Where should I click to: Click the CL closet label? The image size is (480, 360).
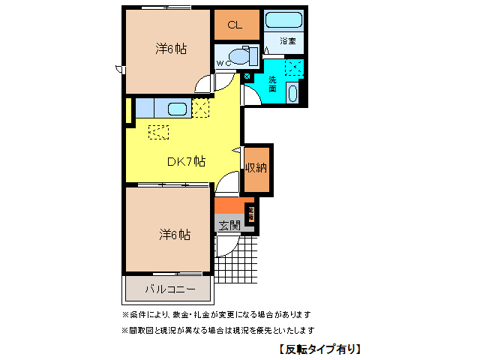tap(235, 25)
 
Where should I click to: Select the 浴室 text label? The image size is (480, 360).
tap(287, 40)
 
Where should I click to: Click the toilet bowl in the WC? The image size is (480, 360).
tap(242, 55)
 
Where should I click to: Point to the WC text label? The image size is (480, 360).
tap(223, 64)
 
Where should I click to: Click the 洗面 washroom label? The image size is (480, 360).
tap(272, 83)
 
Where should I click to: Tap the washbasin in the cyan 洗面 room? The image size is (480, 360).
tap(292, 94)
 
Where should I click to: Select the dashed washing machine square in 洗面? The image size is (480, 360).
tap(293, 69)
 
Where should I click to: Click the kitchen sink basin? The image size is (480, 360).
tap(178, 109)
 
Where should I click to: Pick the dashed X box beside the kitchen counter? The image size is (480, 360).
tap(200, 108)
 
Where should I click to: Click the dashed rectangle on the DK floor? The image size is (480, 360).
tap(159, 132)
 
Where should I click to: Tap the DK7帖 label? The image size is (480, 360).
tap(186, 161)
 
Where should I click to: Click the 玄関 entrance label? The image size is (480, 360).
tap(229, 223)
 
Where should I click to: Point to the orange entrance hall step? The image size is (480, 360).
tap(229, 205)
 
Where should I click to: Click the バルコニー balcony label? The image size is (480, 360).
tap(169, 289)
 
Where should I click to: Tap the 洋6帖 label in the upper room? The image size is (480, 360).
tap(171, 49)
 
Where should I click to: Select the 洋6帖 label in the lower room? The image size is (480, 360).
tap(174, 234)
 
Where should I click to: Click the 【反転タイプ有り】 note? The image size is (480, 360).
tap(319, 349)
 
